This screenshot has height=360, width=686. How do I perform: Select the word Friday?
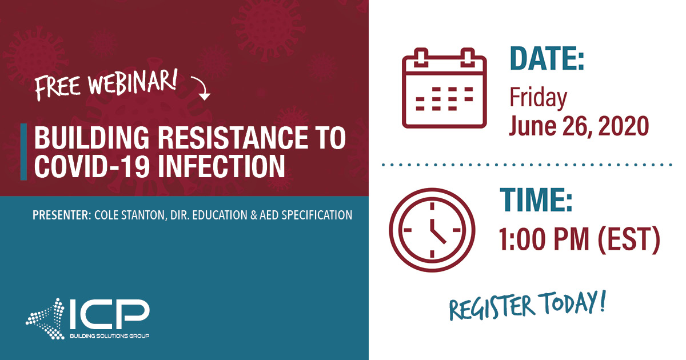point(538,98)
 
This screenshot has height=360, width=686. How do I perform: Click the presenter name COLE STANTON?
point(130,215)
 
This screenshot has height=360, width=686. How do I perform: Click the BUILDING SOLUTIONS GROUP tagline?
point(109,335)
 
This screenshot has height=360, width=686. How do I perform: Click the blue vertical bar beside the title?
point(23,151)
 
